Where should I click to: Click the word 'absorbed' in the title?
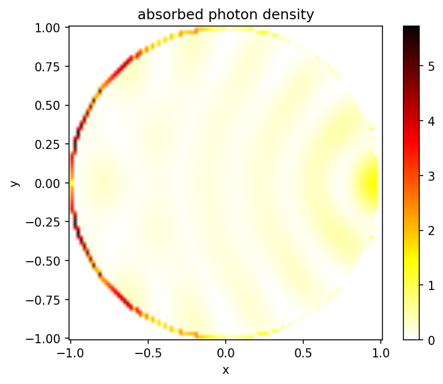click(x=163, y=15)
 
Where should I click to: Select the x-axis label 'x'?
click(x=226, y=370)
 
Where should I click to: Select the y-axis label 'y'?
click(x=15, y=183)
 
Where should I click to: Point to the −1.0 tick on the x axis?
click(x=70, y=352)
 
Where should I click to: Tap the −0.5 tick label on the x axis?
click(x=148, y=352)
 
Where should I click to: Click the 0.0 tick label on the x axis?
click(x=226, y=352)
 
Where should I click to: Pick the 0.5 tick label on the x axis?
click(x=304, y=352)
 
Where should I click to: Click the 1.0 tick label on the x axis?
click(x=381, y=352)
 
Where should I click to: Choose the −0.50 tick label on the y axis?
click(x=49, y=261)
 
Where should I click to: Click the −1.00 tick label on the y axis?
click(x=49, y=338)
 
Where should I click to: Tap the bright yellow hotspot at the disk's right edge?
click(x=371, y=184)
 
